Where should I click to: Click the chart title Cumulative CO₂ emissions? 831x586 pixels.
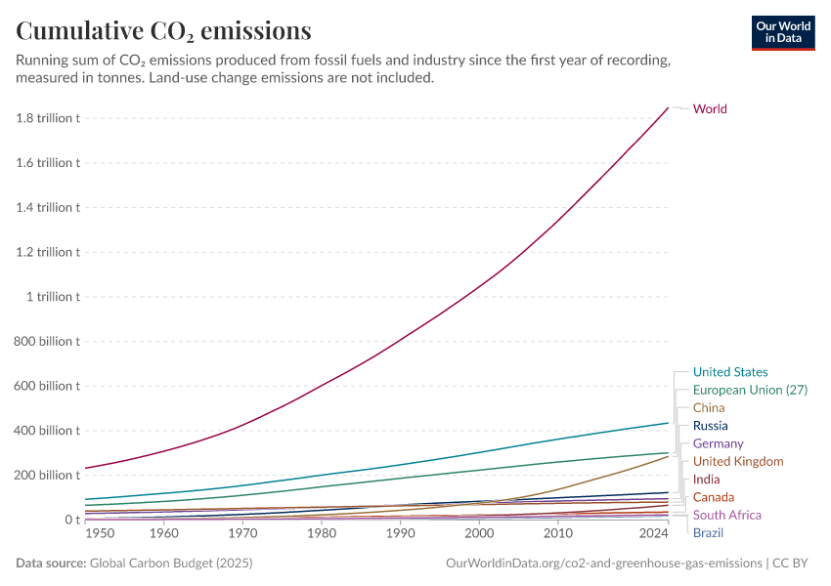pos(164,31)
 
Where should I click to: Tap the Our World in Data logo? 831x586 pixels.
pos(782,32)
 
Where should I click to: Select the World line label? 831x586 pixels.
pos(710,108)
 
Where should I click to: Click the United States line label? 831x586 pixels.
pos(730,372)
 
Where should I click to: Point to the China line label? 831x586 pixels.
pos(709,407)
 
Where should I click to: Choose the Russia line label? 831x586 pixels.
pos(711,426)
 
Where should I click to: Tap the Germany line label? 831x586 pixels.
pos(719,443)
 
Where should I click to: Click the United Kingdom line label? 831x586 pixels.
pos(738,461)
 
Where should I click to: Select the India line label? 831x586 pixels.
pos(706,480)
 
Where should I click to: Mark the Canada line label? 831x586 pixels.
pos(714,497)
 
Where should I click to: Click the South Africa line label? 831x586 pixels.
pos(726,515)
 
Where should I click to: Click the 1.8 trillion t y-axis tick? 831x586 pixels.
pos(48,118)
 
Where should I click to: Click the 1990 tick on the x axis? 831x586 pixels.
pos(400,534)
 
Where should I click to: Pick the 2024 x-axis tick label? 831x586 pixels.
pos(653,534)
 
